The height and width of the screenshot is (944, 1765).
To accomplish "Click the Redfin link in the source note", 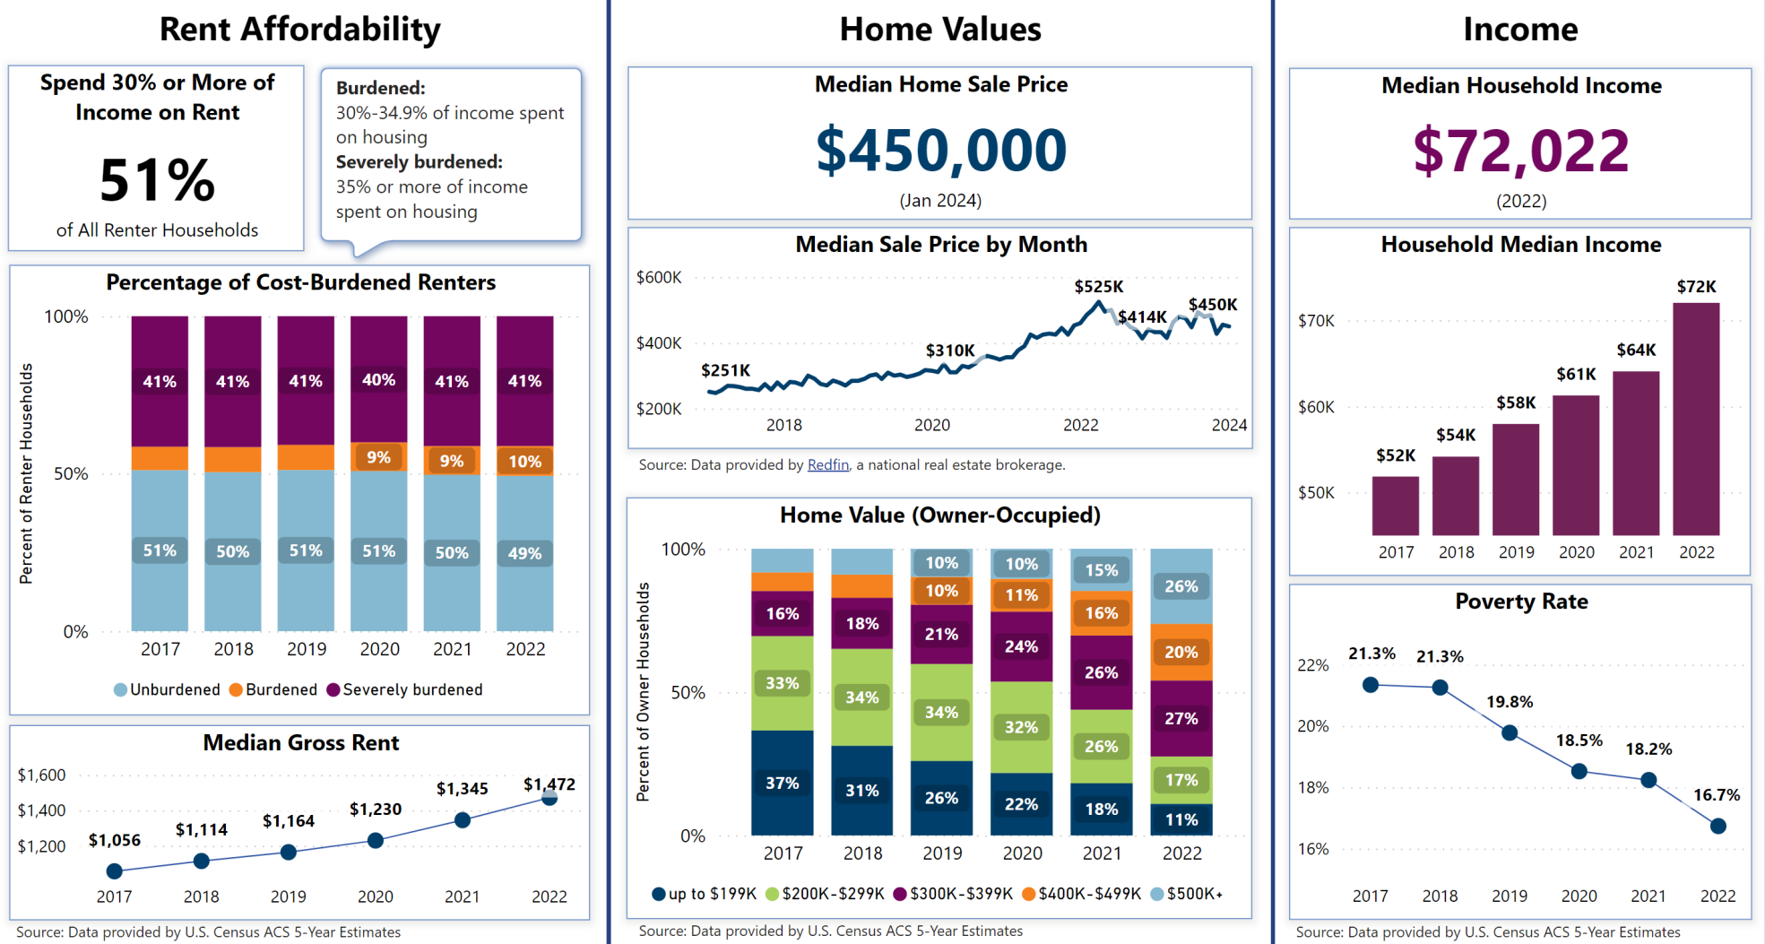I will [x=827, y=464].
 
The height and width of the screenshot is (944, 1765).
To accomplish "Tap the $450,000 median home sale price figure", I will [x=940, y=151].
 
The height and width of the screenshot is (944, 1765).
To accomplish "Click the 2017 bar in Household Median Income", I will [x=1395, y=506].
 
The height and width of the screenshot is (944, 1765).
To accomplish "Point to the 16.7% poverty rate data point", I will [x=1717, y=826].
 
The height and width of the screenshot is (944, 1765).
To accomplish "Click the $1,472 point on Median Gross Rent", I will [x=549, y=798].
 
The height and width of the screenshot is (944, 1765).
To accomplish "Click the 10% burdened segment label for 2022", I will [x=524, y=462].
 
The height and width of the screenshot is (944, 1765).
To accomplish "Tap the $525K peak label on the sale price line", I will [x=1098, y=287].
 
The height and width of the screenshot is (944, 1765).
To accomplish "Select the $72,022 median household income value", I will [x=1520, y=151].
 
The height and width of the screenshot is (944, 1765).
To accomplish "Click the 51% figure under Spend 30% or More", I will [x=157, y=180].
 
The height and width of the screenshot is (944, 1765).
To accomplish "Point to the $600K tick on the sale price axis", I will [x=659, y=277].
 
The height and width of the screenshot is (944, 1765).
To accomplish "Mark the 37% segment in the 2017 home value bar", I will [x=782, y=783].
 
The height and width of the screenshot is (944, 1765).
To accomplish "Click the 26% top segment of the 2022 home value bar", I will [x=1181, y=586].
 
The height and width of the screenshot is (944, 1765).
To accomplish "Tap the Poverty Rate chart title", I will [x=1520, y=602].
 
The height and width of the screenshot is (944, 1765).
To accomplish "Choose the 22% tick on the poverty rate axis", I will [x=1312, y=665].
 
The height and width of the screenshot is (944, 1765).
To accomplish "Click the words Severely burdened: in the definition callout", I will [x=419, y=162].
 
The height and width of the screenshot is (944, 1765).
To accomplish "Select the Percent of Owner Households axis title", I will [x=643, y=691].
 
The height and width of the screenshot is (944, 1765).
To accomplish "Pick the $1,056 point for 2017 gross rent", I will [x=114, y=871].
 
